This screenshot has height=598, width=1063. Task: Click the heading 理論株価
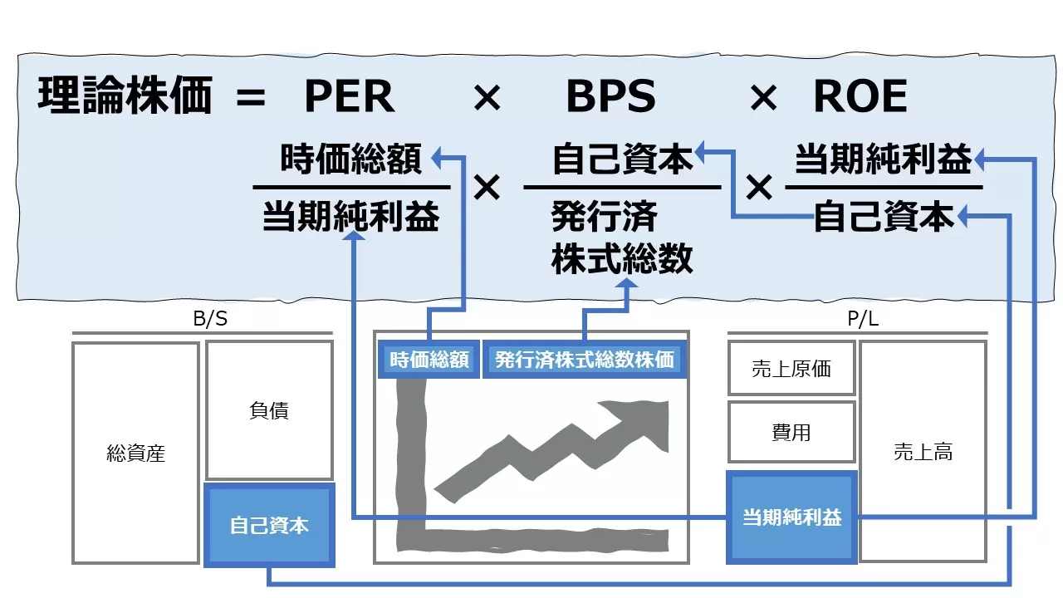click(125, 97)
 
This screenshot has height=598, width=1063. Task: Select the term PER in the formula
click(349, 97)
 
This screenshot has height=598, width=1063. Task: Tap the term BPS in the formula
click(610, 97)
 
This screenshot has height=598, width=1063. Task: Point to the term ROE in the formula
click(860, 97)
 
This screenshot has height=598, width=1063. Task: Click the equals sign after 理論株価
click(250, 99)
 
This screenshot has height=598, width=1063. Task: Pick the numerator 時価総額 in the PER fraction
click(351, 159)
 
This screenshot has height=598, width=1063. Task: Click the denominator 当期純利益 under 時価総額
click(351, 217)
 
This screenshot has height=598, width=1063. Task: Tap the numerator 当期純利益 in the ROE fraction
click(883, 159)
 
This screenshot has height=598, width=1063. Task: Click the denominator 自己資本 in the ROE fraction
click(884, 217)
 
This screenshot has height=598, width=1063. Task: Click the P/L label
click(858, 320)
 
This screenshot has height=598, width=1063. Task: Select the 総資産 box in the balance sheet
click(136, 453)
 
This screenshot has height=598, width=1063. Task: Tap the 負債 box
click(269, 410)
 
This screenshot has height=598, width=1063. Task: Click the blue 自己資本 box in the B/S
click(269, 526)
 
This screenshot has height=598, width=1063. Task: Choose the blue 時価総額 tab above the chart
click(429, 360)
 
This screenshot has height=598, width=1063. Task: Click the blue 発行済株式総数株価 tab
click(585, 360)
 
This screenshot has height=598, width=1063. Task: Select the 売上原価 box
click(791, 369)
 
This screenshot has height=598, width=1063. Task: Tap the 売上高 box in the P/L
click(923, 452)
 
